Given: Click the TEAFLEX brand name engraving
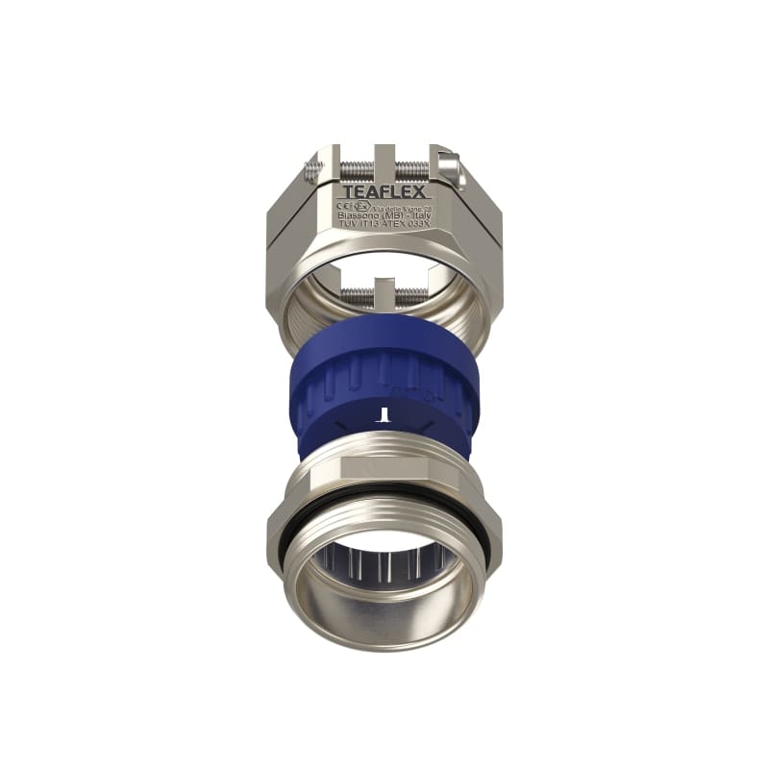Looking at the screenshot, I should coord(385,192).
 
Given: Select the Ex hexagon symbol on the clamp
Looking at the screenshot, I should coord(360,206).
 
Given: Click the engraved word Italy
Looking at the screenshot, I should coord(419,216).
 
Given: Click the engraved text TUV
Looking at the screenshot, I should coord(348,227).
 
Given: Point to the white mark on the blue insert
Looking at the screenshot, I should coord(384,415).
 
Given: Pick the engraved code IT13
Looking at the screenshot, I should coord(370,227).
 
